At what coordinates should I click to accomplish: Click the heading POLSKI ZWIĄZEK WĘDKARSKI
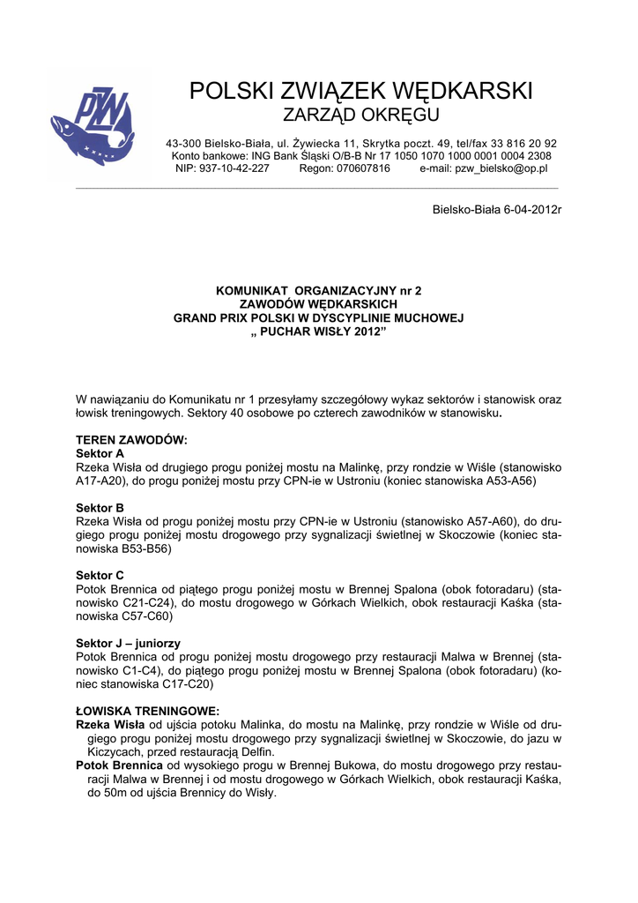[x=361, y=91]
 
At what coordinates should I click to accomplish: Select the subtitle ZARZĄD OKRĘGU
[x=360, y=116]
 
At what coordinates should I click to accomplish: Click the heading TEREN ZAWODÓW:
[x=131, y=440]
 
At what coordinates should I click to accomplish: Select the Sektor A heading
[x=100, y=453]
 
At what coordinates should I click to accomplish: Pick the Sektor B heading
[x=100, y=508]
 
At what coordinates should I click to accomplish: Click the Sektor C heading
[x=100, y=575]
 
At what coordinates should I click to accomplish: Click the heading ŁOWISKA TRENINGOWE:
[x=147, y=711]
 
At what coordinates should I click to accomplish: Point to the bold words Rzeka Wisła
[x=111, y=725]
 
